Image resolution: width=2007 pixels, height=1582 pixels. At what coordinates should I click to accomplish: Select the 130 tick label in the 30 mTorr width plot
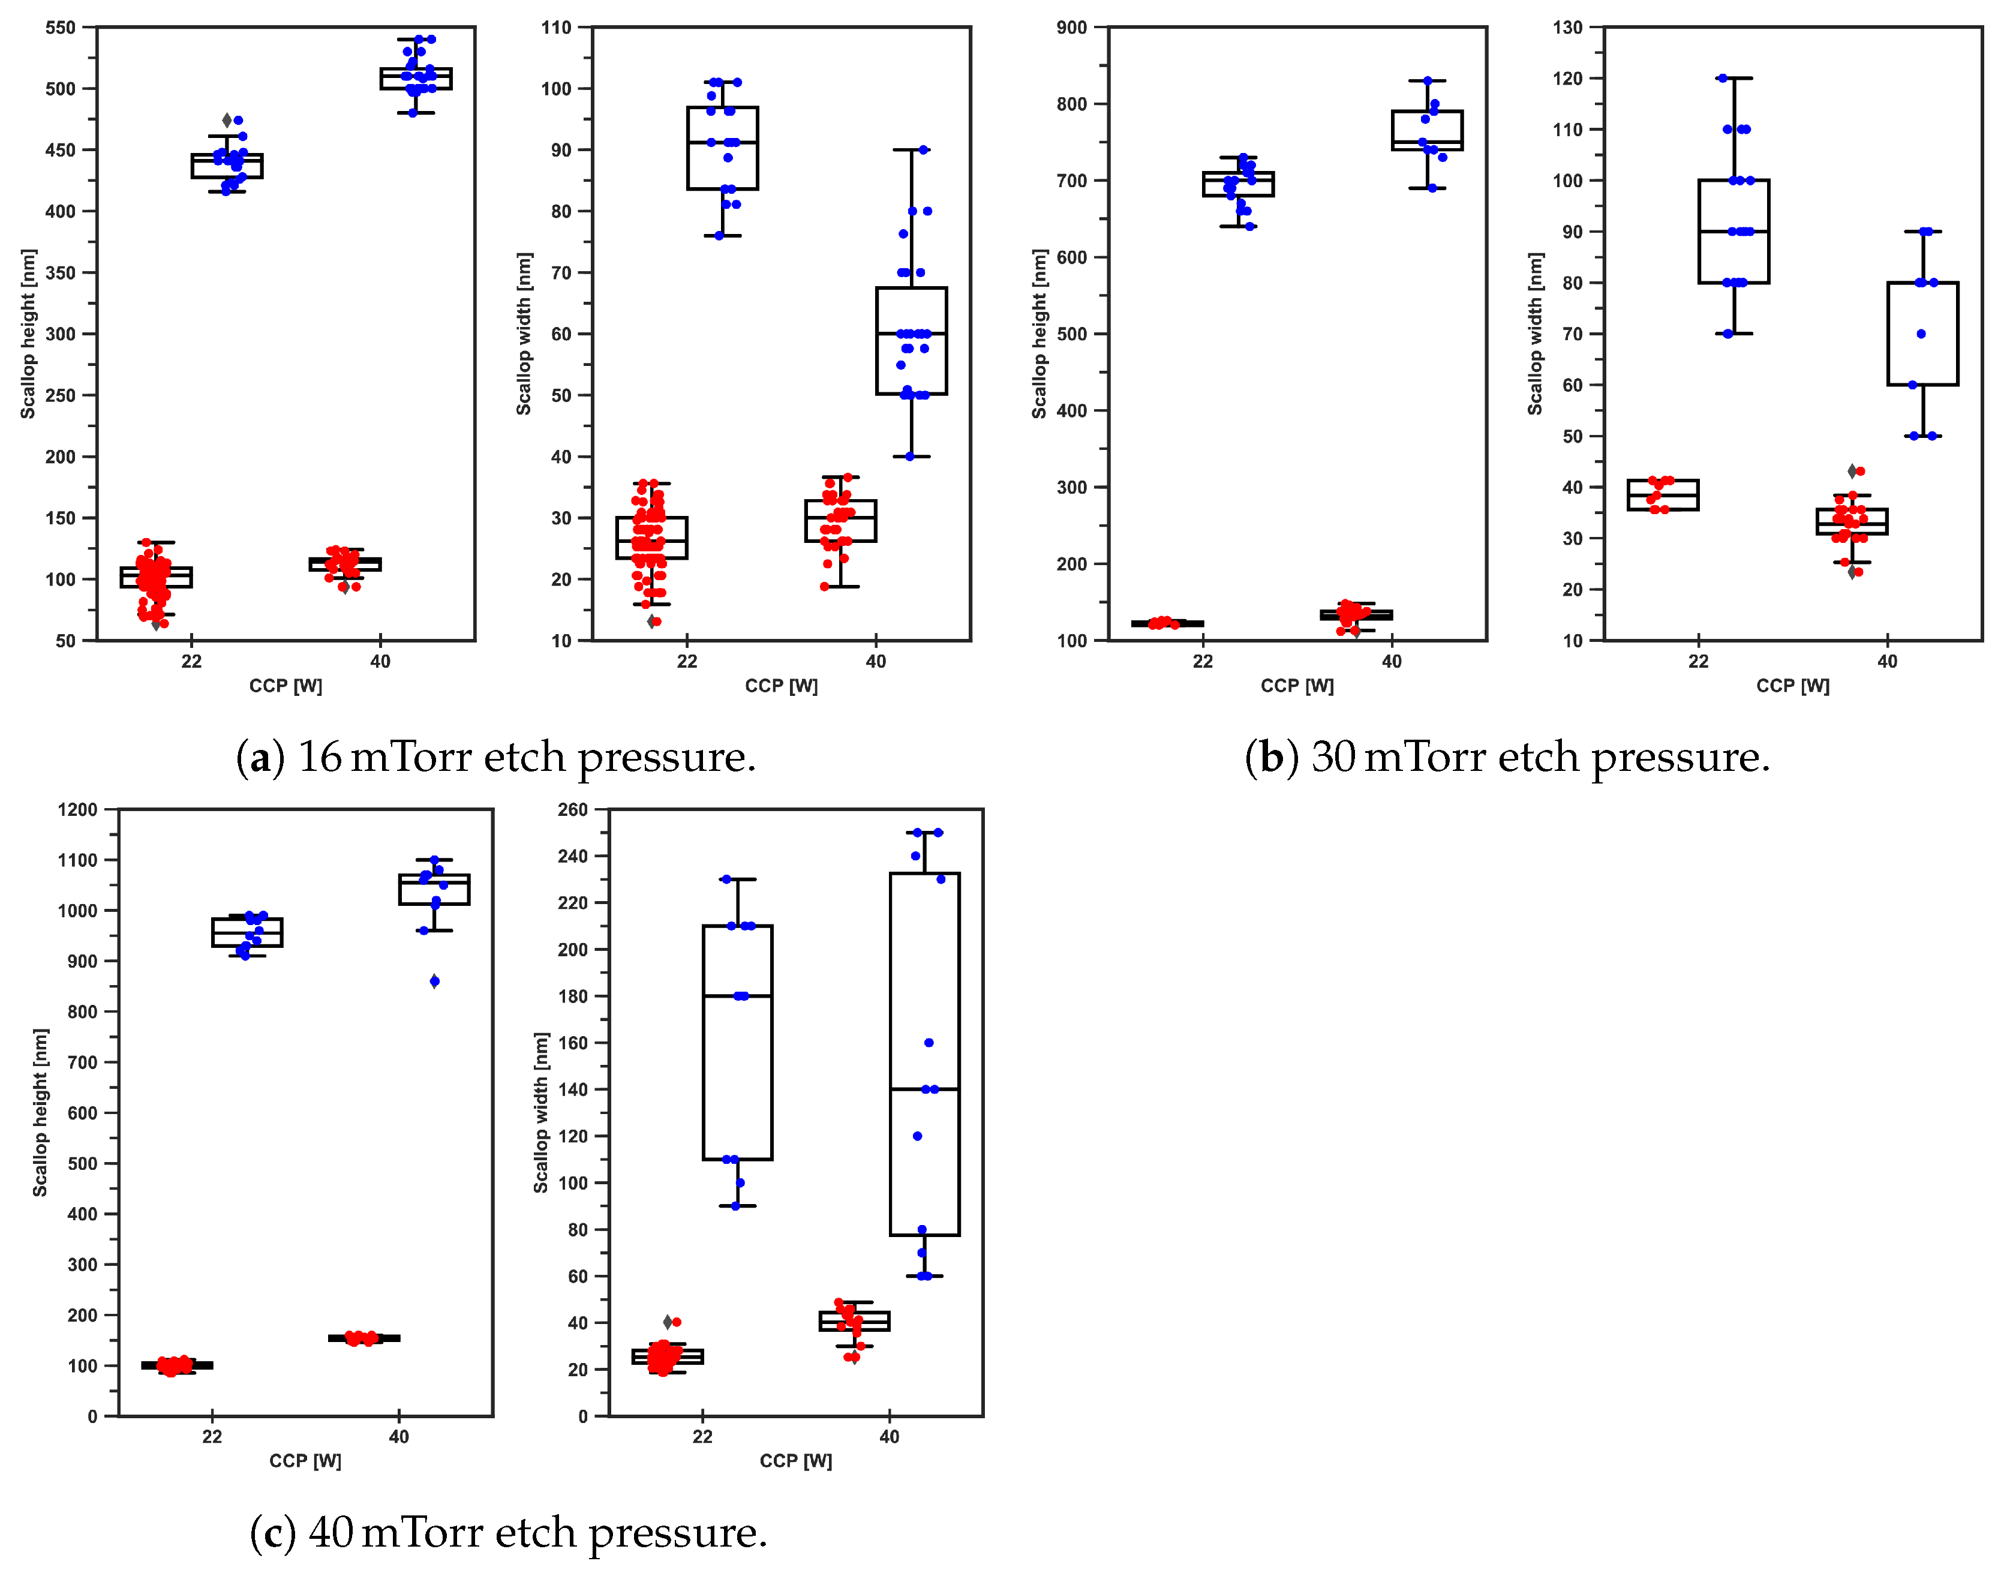pos(1568,28)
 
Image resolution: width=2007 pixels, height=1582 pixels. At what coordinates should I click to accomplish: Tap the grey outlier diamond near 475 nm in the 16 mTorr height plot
pos(227,121)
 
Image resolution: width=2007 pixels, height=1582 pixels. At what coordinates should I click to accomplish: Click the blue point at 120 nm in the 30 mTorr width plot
pos(1723,79)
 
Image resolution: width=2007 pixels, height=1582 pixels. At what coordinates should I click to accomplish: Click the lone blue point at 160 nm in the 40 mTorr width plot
pos(929,1043)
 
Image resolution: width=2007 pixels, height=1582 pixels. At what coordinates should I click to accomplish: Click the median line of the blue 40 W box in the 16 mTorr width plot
pos(911,334)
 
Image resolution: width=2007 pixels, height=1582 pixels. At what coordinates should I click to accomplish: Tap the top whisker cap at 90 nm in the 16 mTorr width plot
pos(911,150)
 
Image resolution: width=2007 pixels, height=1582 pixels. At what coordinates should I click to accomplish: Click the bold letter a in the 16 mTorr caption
pos(260,758)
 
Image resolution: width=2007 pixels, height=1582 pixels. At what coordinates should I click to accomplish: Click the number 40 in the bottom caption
pos(331,1534)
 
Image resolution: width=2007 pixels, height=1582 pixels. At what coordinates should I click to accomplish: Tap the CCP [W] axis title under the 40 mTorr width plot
pos(795,1461)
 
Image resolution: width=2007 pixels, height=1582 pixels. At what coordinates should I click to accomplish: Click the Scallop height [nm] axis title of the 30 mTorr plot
pos(1039,334)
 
